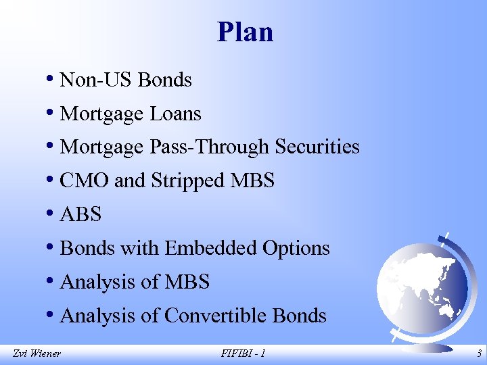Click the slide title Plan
pos(245,32)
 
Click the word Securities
pos(317,147)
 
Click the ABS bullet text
pos(80,215)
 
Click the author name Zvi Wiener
pos(37,353)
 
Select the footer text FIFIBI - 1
pos(243,353)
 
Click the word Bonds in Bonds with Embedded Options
pos(88,249)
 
